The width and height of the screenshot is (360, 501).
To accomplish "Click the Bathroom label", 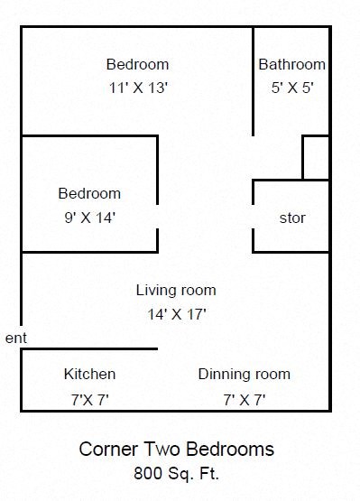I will pos(291,65).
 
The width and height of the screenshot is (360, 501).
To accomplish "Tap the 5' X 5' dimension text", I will pos(291,88).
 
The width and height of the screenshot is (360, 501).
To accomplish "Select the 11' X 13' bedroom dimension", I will pos(137,88).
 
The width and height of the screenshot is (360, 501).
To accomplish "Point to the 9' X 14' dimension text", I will pos(89,217).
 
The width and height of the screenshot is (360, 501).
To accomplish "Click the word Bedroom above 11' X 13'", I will pos(137,65).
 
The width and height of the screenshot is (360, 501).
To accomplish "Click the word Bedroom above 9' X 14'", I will pos(89,193).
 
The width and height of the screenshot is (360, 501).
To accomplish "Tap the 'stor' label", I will pos(291,218).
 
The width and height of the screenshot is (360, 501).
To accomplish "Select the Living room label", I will pos(176,291).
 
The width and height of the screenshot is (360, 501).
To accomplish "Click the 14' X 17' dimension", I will pos(176,314).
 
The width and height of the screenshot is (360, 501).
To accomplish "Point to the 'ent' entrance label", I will pos(16,338).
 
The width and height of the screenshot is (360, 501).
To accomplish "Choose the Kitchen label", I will pos(89,374).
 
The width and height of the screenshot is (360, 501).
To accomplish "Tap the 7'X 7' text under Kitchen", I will pos(89,397).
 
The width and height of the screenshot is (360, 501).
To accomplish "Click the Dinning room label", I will pos(244,374).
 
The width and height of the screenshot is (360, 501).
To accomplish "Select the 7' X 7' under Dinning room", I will pos(244,397).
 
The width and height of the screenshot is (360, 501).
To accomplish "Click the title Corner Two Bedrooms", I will pos(176,449).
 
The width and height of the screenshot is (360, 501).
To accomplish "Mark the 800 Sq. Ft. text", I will pos(176,471).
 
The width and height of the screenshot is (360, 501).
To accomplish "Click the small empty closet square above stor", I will pos(315,158).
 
